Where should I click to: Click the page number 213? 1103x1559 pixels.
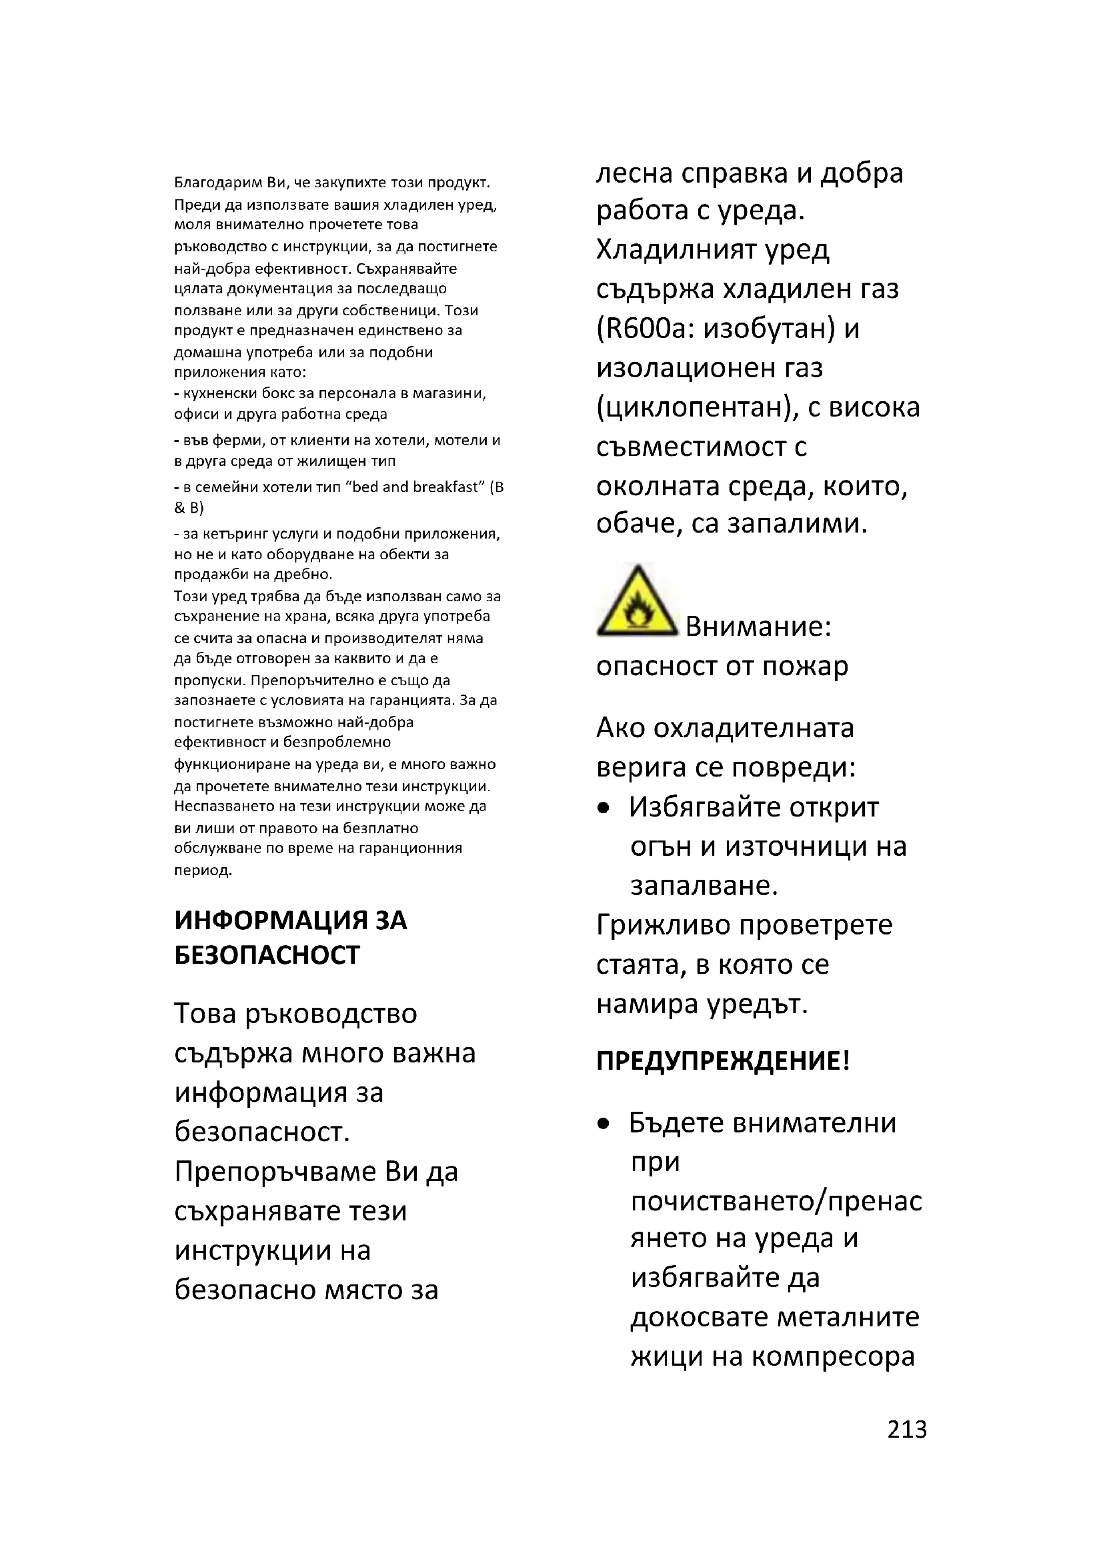906,1428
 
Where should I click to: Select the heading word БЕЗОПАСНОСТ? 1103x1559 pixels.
267,955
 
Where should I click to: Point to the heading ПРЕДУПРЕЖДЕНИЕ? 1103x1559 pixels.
723,1060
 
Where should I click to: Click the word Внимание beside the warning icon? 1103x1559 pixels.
758,626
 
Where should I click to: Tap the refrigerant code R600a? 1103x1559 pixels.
646,329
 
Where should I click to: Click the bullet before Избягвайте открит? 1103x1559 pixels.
603,808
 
